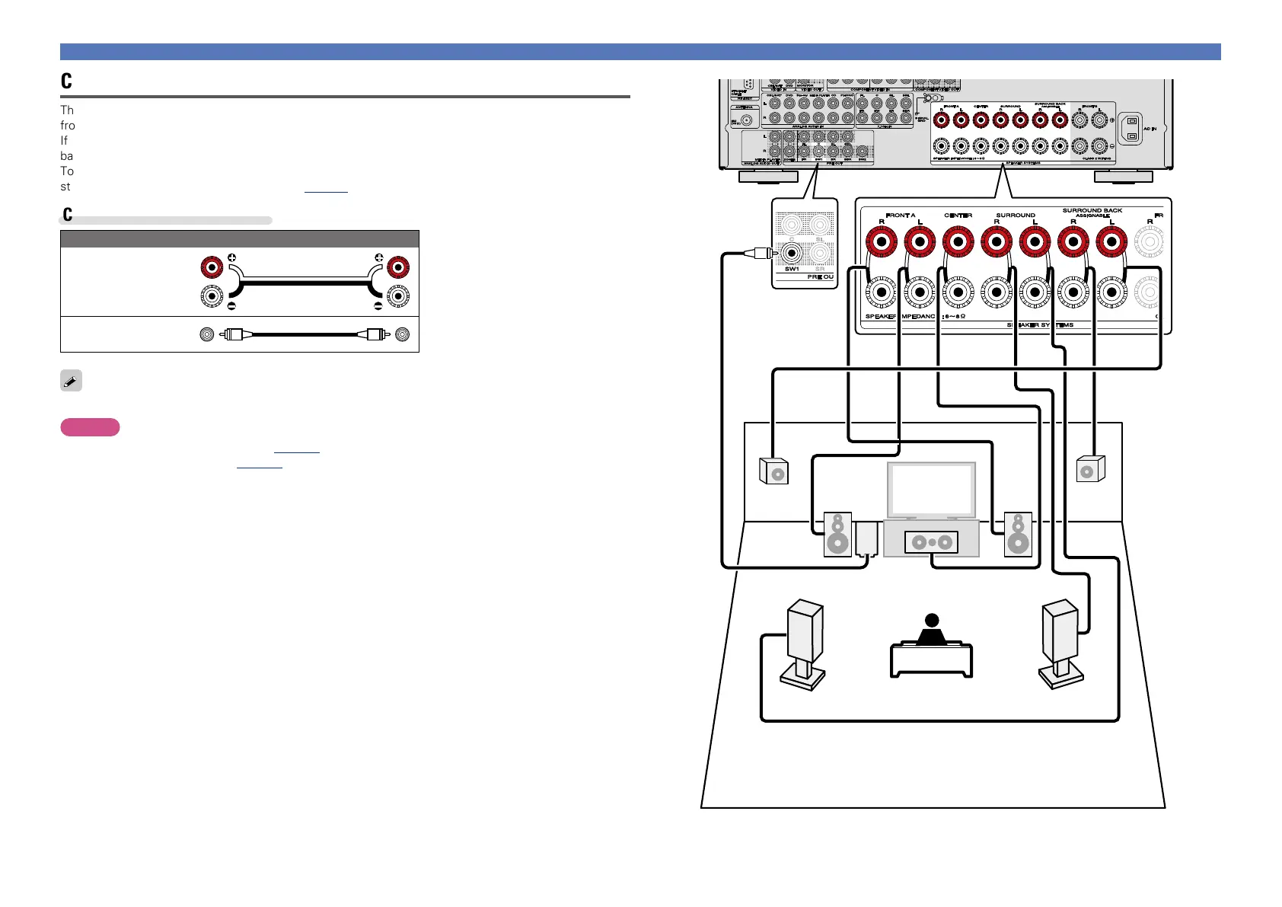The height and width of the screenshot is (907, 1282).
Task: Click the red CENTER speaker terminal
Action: (x=958, y=244)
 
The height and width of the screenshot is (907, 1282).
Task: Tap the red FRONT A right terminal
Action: (x=882, y=244)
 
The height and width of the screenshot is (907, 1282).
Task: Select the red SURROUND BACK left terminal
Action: (x=1111, y=244)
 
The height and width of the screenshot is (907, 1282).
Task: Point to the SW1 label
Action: (x=792, y=269)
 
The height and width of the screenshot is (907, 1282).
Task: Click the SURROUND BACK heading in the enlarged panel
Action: (x=1092, y=210)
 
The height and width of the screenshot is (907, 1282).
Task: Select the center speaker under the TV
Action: (x=931, y=542)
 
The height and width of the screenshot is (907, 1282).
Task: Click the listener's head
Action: (x=931, y=621)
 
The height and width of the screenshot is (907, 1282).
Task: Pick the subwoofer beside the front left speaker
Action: (x=866, y=539)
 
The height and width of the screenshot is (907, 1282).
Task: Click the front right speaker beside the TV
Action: (x=1018, y=535)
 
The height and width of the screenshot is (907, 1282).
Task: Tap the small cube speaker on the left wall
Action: (x=773, y=471)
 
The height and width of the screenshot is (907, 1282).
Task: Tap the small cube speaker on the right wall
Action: (x=1090, y=469)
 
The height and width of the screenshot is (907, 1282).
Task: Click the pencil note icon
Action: (x=71, y=381)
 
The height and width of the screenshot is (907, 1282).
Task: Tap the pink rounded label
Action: (x=90, y=427)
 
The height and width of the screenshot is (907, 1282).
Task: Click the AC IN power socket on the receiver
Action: (x=1131, y=129)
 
